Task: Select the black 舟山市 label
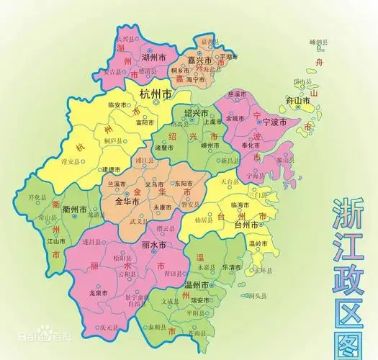315,102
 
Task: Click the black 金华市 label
128,202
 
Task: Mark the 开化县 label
37,197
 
